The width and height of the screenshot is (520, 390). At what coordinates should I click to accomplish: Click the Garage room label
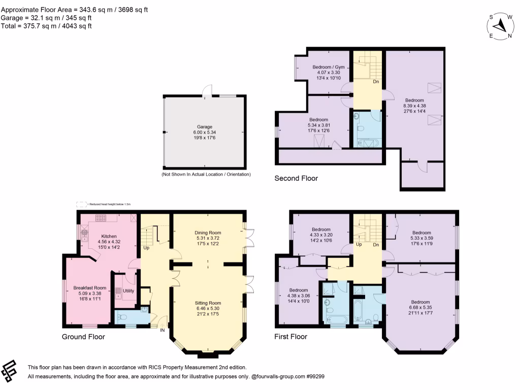[x=205, y=127]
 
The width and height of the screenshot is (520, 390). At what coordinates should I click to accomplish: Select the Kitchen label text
[x=109, y=236]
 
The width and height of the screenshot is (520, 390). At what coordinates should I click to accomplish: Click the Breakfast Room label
[x=89, y=287]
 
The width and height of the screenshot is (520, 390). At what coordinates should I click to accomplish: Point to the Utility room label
[x=128, y=290]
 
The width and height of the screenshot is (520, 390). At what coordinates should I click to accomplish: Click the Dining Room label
[x=208, y=233]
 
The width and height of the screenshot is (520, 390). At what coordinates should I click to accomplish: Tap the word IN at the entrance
[x=163, y=330]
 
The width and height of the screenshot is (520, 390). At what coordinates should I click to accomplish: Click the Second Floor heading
[x=296, y=178]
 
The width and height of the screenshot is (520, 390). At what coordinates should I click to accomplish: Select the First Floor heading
[x=290, y=336]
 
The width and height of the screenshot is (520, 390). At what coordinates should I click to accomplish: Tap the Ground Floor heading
[x=83, y=336]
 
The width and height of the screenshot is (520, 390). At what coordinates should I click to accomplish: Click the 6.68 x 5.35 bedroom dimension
[x=420, y=308]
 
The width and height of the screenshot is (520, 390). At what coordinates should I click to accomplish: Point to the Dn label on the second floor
[x=375, y=81]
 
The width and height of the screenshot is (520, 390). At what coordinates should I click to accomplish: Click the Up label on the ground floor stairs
[x=146, y=248]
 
